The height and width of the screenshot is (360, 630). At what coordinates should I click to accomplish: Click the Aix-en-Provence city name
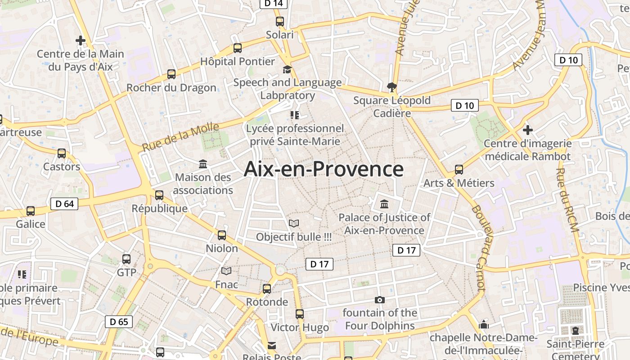[x=324, y=170]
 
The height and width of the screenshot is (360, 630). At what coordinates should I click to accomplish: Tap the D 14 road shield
[x=274, y=4]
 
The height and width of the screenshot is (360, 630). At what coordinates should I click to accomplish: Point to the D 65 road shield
[x=119, y=322]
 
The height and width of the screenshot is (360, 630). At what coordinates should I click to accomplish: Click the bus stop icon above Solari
[x=280, y=21]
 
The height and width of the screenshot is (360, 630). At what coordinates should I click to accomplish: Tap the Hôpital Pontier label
[x=237, y=61]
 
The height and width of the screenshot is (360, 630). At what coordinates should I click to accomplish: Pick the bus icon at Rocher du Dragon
[x=171, y=74]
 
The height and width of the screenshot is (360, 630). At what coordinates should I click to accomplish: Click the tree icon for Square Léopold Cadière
[x=392, y=87]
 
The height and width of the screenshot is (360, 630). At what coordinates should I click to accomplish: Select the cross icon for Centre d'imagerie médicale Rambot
[x=528, y=130]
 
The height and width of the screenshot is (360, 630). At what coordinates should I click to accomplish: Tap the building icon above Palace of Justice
[x=384, y=204]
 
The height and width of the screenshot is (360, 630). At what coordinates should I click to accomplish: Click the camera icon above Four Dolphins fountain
[x=380, y=300]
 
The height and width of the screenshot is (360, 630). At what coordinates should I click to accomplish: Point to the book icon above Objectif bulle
[x=294, y=223]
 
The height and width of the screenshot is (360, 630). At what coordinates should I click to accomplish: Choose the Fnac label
[x=226, y=284]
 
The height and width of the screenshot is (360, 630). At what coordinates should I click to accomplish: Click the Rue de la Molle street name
[x=180, y=137]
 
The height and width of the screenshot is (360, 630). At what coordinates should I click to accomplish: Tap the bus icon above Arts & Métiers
[x=459, y=170]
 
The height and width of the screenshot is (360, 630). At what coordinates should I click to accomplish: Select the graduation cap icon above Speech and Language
[x=287, y=69]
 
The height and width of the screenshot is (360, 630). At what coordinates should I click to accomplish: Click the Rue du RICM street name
[x=567, y=200]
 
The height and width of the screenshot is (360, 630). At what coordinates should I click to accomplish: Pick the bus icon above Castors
[x=62, y=153]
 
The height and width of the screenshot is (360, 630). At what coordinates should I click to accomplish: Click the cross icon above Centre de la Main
[x=81, y=41]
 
